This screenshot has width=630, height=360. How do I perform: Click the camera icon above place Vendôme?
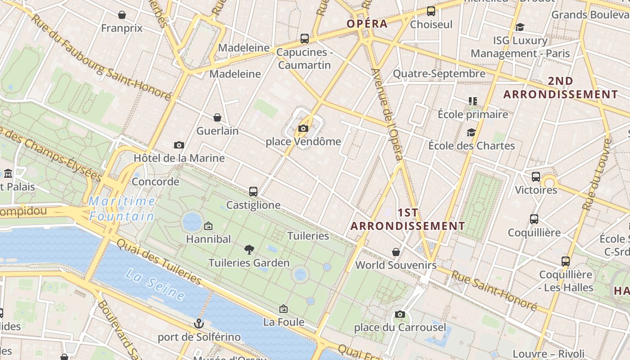point(303,129)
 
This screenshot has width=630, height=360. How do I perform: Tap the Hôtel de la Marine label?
point(179,158)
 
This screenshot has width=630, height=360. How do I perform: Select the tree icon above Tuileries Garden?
point(249,250)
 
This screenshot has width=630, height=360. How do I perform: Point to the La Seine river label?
point(155,284)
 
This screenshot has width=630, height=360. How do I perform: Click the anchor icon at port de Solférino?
point(198,323)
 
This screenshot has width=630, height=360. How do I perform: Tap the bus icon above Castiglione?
point(253,192)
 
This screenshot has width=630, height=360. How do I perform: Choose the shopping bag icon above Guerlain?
point(217,117)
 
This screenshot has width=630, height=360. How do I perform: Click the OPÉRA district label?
point(367,24)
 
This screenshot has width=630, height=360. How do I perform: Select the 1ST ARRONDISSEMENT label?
point(408,219)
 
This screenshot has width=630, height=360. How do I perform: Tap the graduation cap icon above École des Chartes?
point(471,132)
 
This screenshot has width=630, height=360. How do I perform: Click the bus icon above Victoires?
point(535,176)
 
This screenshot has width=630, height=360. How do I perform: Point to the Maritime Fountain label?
point(122,208)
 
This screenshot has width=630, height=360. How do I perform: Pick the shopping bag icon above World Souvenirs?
point(396,252)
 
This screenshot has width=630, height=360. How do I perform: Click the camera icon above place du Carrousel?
point(400,314)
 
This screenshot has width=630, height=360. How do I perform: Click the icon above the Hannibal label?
point(208,226)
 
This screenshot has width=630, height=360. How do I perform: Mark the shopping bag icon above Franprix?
point(121,15)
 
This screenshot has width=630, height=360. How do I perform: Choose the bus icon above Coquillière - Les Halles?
point(566,261)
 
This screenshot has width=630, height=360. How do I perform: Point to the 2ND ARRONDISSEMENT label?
point(560,88)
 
